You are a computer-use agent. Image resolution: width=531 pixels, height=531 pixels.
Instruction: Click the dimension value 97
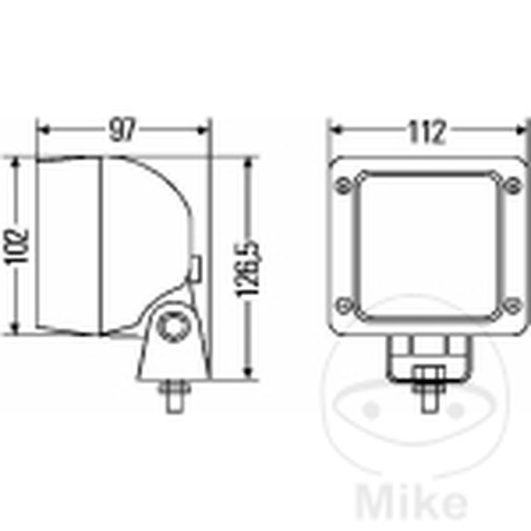122,129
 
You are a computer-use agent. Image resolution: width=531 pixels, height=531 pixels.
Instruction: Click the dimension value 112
426,131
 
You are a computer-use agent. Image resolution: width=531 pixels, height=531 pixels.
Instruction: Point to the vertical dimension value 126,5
249,268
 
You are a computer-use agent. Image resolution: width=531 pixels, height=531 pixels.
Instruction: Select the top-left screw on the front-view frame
343,186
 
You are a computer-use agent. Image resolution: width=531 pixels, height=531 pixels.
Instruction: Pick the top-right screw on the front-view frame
512,186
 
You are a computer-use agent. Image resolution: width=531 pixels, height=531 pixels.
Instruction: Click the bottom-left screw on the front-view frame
344,305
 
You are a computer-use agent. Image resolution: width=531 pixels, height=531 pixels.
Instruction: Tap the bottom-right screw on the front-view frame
512,305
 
